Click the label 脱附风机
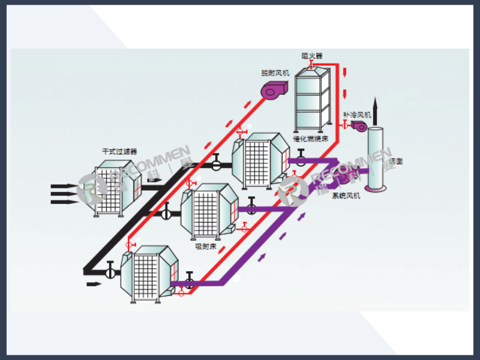pyautogui.click(x=275, y=73)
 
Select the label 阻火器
pyautogui.click(x=311, y=56)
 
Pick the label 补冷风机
pyautogui.click(x=357, y=114)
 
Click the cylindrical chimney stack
pyautogui.click(x=377, y=159)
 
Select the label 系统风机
pyautogui.click(x=346, y=196)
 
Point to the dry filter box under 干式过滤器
pyautogui.click(x=117, y=187)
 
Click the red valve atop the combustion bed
pyautogui.click(x=311, y=62)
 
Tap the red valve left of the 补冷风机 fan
pyautogui.click(x=344, y=125)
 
